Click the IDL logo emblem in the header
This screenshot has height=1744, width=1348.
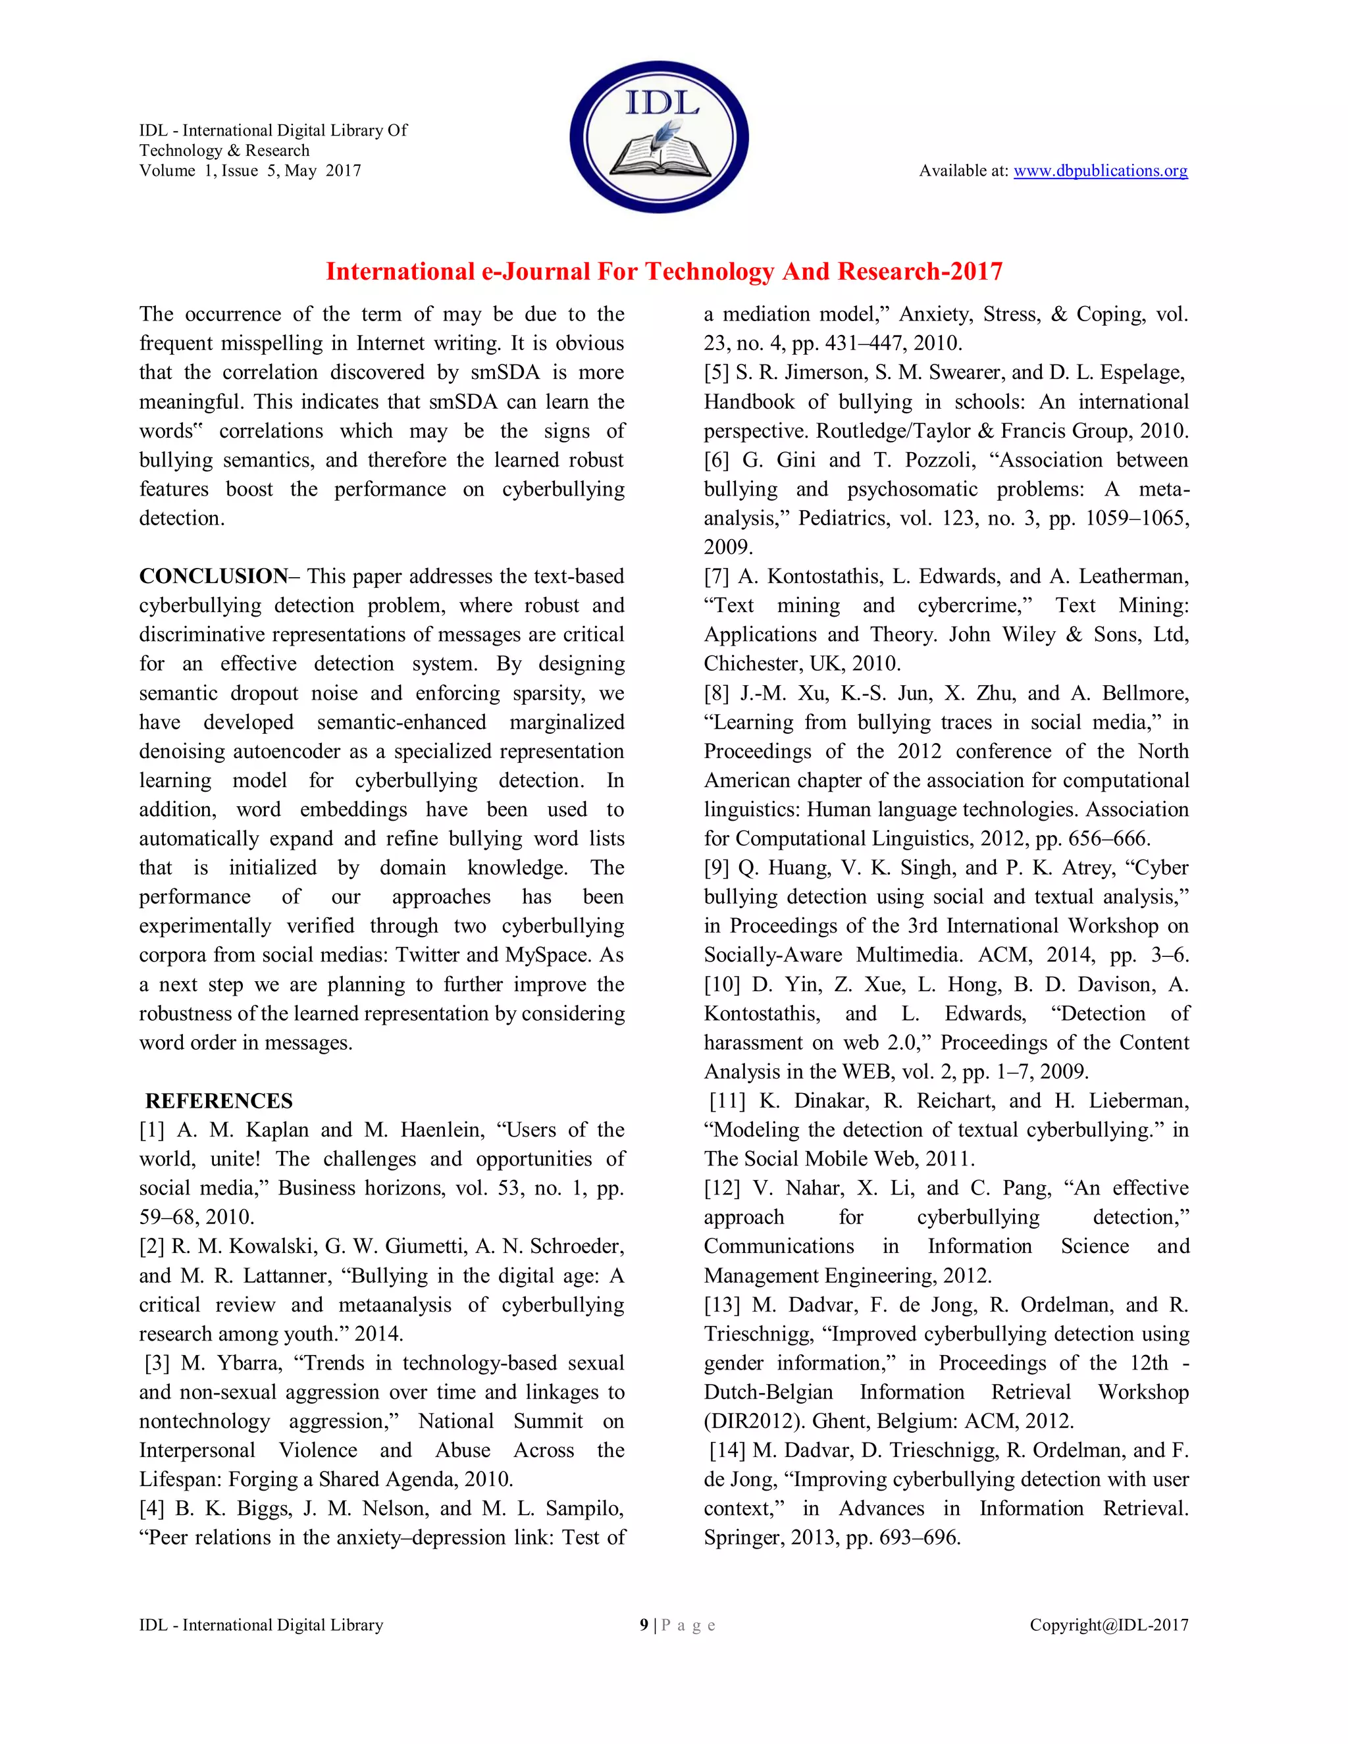pyautogui.click(x=659, y=136)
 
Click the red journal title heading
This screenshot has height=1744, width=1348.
pyautogui.click(x=663, y=272)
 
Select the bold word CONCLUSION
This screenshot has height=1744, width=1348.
pyautogui.click(x=213, y=577)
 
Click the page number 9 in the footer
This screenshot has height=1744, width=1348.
pyautogui.click(x=644, y=1625)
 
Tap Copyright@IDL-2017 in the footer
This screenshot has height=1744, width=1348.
pyautogui.click(x=1108, y=1625)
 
